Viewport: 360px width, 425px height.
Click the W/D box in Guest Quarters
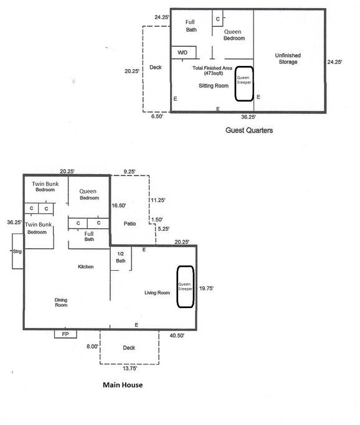coord(184,52)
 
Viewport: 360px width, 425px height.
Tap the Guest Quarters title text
coord(249,131)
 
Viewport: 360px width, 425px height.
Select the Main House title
coord(123,385)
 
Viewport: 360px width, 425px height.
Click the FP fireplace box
coord(65,334)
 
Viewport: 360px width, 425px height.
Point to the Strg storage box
coord(17,251)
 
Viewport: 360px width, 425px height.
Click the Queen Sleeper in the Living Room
coord(185,287)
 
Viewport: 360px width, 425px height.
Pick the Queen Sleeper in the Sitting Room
coord(244,84)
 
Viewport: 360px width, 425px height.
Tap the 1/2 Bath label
coord(121,257)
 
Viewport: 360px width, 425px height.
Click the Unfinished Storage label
coord(288,58)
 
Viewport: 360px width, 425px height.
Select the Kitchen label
coord(86,267)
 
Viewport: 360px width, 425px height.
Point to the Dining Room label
coord(61,302)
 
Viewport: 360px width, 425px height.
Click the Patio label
coord(130,223)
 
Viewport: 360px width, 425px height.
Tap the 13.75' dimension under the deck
coord(130,368)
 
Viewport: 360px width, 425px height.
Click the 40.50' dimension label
coord(177,335)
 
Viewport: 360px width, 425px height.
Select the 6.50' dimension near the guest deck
coord(157,116)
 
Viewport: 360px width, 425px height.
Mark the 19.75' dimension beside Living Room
coord(206,288)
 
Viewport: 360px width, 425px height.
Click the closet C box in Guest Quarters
coord(217,19)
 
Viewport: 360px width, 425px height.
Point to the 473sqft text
coord(214,73)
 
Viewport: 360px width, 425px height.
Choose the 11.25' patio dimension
coord(158,200)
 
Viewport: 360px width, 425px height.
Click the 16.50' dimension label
coord(119,205)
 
